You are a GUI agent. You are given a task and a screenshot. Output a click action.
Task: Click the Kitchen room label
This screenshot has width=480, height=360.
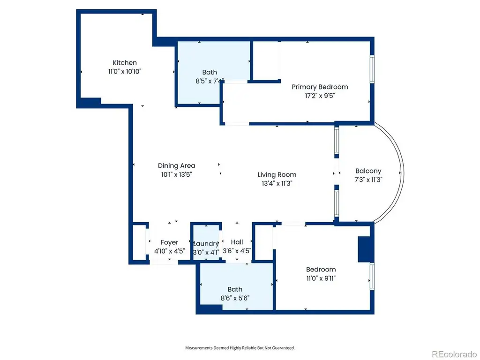tap(125, 63)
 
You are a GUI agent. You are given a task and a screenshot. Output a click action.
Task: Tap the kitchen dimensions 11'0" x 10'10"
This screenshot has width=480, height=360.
tap(125, 72)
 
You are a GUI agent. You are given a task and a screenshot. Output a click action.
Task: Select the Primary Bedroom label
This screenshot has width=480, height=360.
tap(320, 87)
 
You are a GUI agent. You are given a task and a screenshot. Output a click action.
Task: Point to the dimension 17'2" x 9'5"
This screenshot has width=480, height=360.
tap(320, 96)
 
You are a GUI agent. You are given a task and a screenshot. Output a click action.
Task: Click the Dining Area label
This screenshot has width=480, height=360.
tap(176, 165)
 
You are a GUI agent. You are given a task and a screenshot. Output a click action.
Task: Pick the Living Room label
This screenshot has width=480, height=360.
tap(277, 175)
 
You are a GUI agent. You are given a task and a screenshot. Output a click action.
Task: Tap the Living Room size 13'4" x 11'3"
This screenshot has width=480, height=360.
tap(277, 184)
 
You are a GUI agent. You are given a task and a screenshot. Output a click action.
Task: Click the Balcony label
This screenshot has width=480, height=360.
tap(368, 171)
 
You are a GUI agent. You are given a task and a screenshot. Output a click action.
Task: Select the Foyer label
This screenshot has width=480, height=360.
tap(169, 242)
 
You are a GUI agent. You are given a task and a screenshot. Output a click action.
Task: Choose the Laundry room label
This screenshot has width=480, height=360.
tap(206, 244)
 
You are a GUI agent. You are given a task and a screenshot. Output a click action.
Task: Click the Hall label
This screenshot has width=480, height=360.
tap(237, 242)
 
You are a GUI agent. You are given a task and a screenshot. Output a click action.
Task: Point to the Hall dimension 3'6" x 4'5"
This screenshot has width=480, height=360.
tap(237, 251)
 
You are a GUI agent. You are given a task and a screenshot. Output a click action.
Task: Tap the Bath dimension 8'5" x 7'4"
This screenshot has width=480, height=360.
tap(210, 81)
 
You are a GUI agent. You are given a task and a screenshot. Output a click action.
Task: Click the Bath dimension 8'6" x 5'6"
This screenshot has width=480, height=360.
tap(235, 298)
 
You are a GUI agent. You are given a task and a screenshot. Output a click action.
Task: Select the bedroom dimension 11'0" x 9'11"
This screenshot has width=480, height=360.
tap(321, 278)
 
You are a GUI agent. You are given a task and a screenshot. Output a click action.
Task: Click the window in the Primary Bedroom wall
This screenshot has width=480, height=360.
tap(372, 69)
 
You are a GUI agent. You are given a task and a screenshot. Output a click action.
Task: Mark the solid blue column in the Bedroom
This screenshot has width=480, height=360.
tap(366, 249)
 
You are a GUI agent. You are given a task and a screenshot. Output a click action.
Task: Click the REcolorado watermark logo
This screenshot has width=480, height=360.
tap(454, 354)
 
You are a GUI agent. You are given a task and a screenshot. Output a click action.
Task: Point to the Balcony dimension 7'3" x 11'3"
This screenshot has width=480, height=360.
tap(368, 180)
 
